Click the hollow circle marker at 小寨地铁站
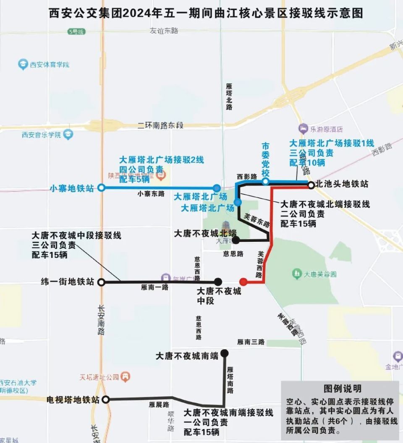click(x=101, y=188)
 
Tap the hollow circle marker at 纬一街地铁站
click(x=101, y=282)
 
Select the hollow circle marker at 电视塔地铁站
click(x=107, y=399)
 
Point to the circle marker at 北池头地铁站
click(x=310, y=185)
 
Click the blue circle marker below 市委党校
click(x=265, y=181)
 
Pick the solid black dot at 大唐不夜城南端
click(x=225, y=353)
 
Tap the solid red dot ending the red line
click(x=243, y=281)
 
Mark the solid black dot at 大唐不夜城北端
click(x=236, y=240)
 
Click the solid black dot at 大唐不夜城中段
click(x=218, y=281)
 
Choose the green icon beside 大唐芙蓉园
click(x=297, y=274)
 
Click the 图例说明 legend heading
click(x=342, y=388)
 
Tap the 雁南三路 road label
click(x=251, y=342)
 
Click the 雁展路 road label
click(x=159, y=405)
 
